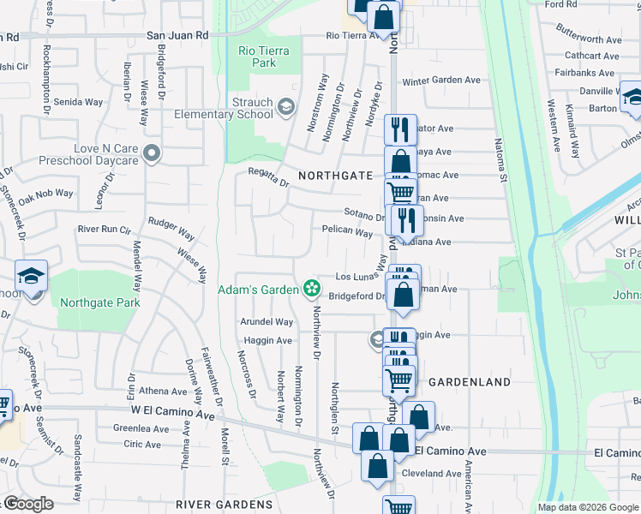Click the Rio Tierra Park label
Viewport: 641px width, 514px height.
coord(264,57)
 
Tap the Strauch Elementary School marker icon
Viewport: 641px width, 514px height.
coord(285,108)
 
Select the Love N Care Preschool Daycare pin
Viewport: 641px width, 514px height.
coord(152,154)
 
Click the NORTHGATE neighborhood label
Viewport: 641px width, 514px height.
coord(335,175)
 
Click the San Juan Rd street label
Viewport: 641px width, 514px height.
coord(177,36)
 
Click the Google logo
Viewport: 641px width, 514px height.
coord(27,504)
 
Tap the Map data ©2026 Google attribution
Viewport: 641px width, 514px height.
coord(588,507)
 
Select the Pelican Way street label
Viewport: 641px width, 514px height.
coord(347,231)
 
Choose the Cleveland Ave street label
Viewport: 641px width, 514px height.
coord(432,473)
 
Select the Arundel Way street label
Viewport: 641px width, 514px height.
coord(268,322)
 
